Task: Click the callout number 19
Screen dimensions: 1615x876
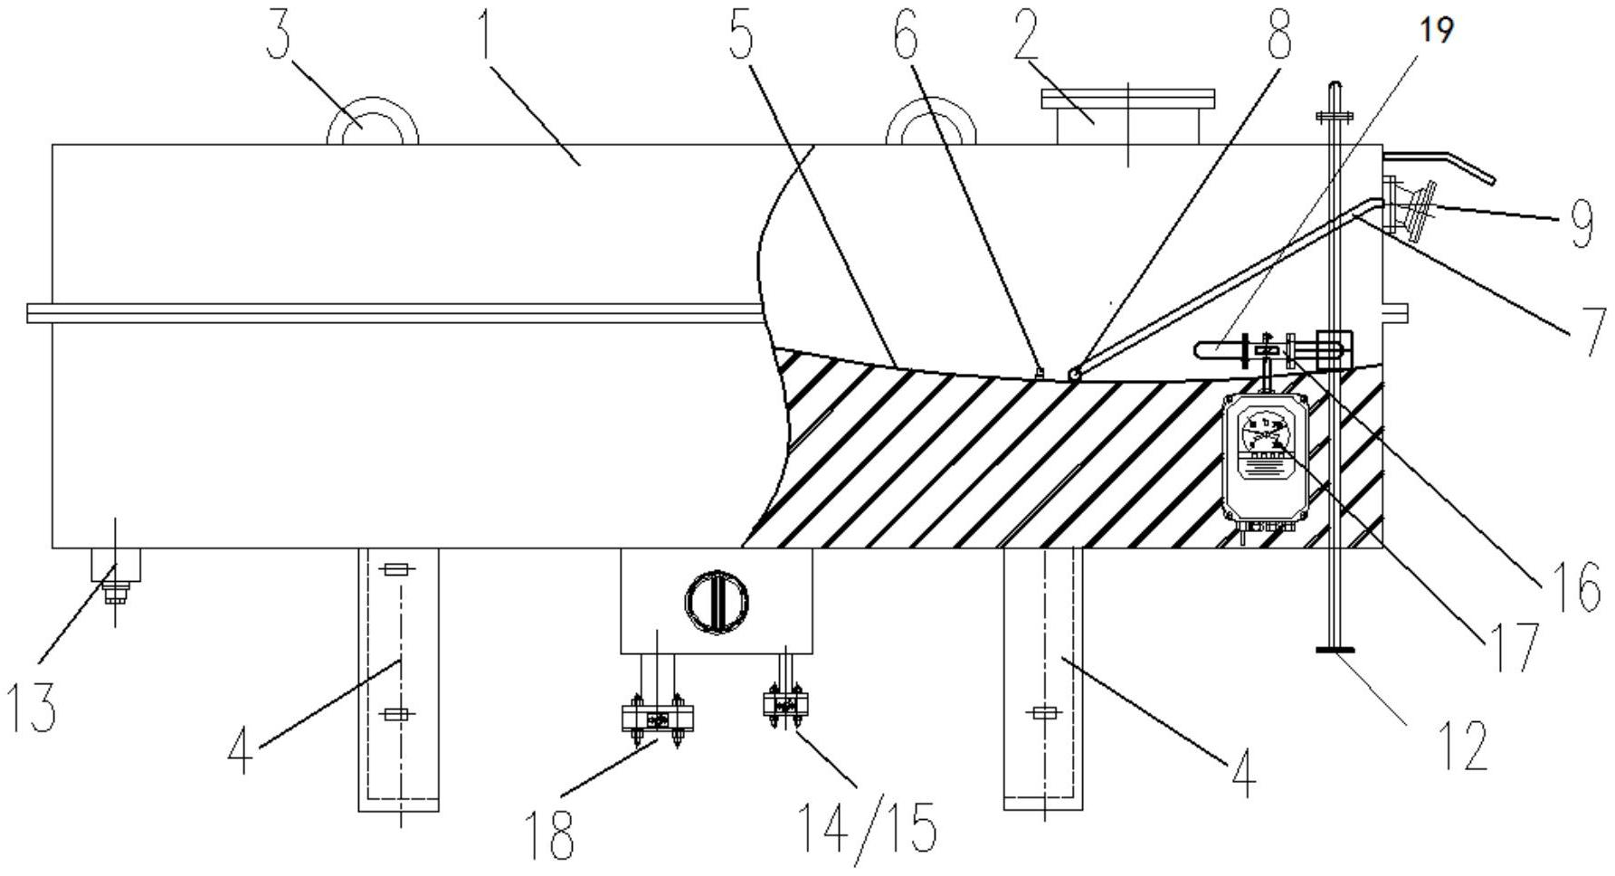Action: click(1438, 30)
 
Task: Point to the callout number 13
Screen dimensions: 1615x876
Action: click(32, 708)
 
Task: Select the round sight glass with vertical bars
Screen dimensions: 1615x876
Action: click(717, 599)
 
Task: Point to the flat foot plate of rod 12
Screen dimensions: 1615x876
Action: click(1335, 648)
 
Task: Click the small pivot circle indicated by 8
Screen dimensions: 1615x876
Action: click(1073, 373)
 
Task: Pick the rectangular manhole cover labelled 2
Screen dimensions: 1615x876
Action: click(1127, 117)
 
